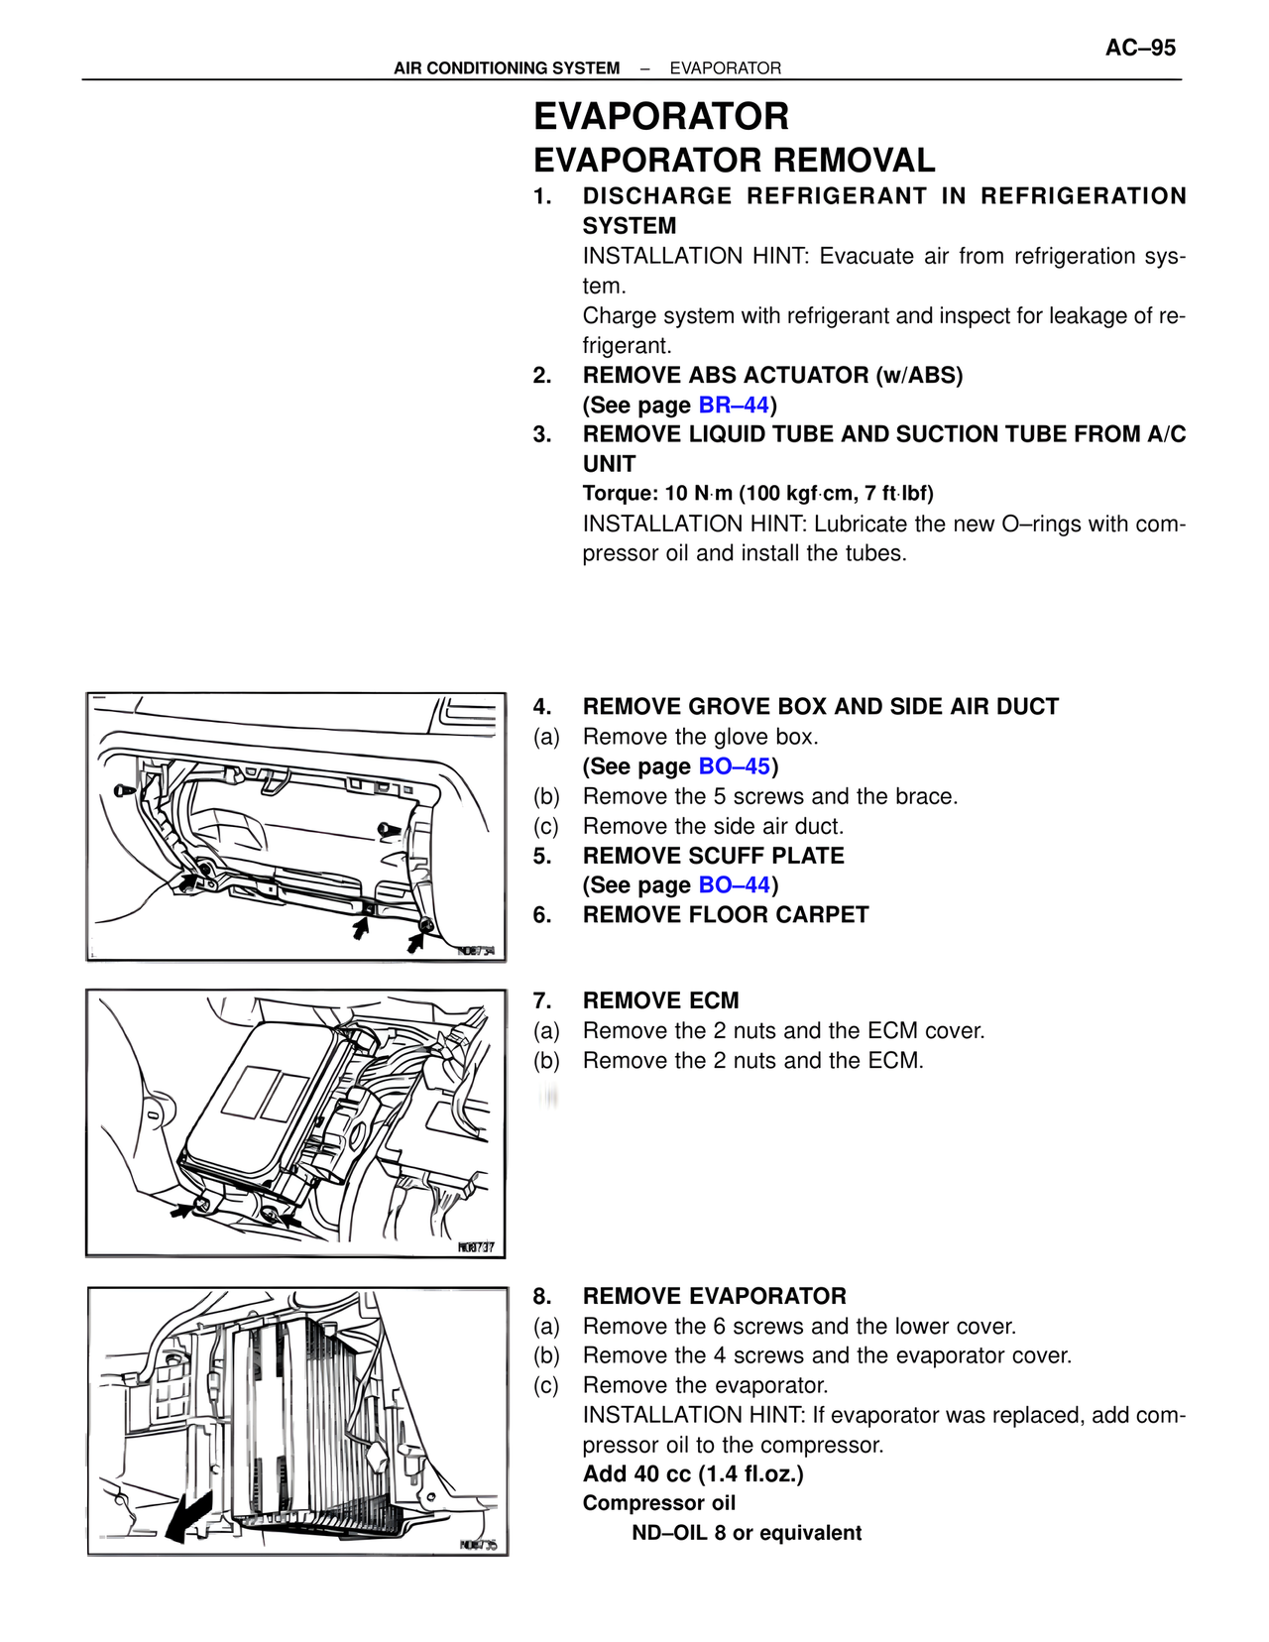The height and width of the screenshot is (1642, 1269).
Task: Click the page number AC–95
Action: point(1140,48)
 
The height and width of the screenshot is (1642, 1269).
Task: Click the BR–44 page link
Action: point(734,405)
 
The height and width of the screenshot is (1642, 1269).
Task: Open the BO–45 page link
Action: point(734,766)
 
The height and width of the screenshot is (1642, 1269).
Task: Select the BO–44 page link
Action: point(734,884)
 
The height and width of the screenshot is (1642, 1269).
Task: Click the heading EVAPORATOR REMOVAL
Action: point(734,161)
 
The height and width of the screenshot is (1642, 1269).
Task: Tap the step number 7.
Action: point(541,1000)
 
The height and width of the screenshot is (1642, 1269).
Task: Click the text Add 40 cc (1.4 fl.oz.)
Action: point(693,1473)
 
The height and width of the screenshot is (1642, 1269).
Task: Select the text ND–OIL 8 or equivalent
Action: point(747,1533)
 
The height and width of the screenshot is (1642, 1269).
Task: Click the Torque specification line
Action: point(757,493)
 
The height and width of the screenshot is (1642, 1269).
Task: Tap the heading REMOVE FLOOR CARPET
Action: point(725,914)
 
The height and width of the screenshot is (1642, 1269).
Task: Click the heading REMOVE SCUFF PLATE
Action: point(713,856)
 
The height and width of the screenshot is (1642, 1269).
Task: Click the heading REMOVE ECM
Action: point(660,1000)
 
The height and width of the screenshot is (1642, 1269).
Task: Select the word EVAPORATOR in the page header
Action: point(725,68)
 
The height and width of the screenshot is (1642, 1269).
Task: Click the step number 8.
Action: point(541,1296)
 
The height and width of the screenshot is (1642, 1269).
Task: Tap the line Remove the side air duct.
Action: point(713,826)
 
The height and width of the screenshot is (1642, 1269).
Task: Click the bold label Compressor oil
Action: point(659,1503)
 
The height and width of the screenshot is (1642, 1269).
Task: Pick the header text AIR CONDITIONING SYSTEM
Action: point(507,68)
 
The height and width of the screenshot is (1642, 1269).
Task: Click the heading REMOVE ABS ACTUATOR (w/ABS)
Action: point(772,375)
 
